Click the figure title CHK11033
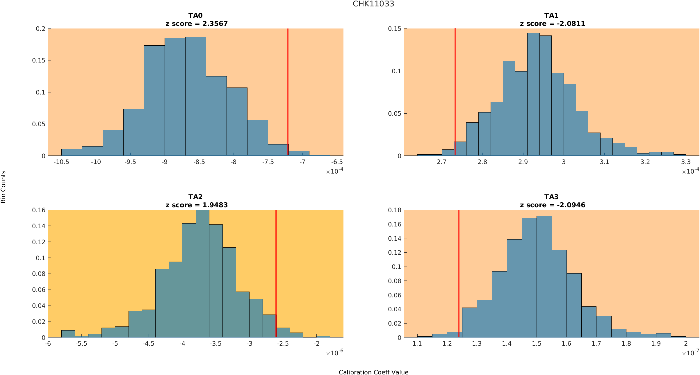click(x=373, y=4)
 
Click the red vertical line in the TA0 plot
click(x=288, y=87)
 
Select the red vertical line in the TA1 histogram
click(x=455, y=87)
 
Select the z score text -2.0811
click(x=571, y=24)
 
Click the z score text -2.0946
click(x=571, y=205)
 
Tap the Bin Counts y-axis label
click(x=3, y=187)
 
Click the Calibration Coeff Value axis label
click(x=373, y=372)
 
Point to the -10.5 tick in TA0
click(x=61, y=162)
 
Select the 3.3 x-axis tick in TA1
click(x=686, y=162)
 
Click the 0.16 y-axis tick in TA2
click(x=39, y=210)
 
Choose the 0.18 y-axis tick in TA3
click(x=395, y=210)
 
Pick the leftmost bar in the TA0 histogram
click(x=72, y=152)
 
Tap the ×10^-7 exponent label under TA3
click(x=690, y=353)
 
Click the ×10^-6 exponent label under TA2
click(x=334, y=353)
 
